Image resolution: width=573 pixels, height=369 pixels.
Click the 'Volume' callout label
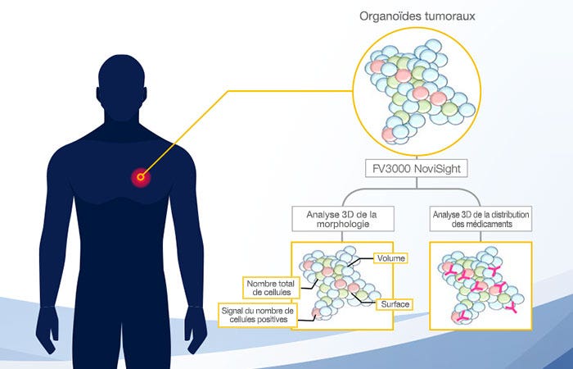click(x=390, y=258)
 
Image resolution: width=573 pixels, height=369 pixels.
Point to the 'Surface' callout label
click(x=392, y=304)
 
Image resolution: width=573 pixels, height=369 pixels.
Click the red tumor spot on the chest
click(x=141, y=175)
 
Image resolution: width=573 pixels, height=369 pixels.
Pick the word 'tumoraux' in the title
click(x=448, y=16)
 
